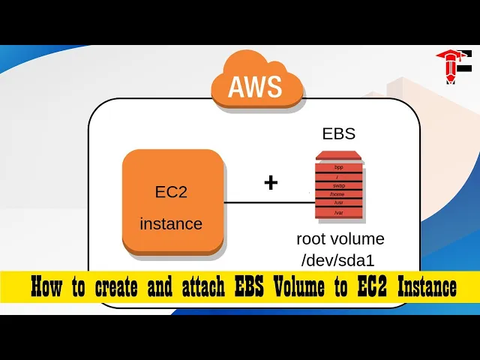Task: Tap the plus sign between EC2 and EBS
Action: (271, 182)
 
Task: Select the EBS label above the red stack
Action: (339, 134)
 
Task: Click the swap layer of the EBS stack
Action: (338, 185)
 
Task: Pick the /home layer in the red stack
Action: (338, 194)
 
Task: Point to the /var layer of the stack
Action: (338, 213)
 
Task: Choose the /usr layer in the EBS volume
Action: (338, 203)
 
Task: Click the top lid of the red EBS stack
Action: (338, 155)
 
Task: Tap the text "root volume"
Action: (340, 239)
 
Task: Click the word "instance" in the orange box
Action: (171, 223)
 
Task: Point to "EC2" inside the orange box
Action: (171, 191)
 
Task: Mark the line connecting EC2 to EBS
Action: (266, 202)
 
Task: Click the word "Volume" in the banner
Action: (300, 287)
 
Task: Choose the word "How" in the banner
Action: (46, 287)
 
